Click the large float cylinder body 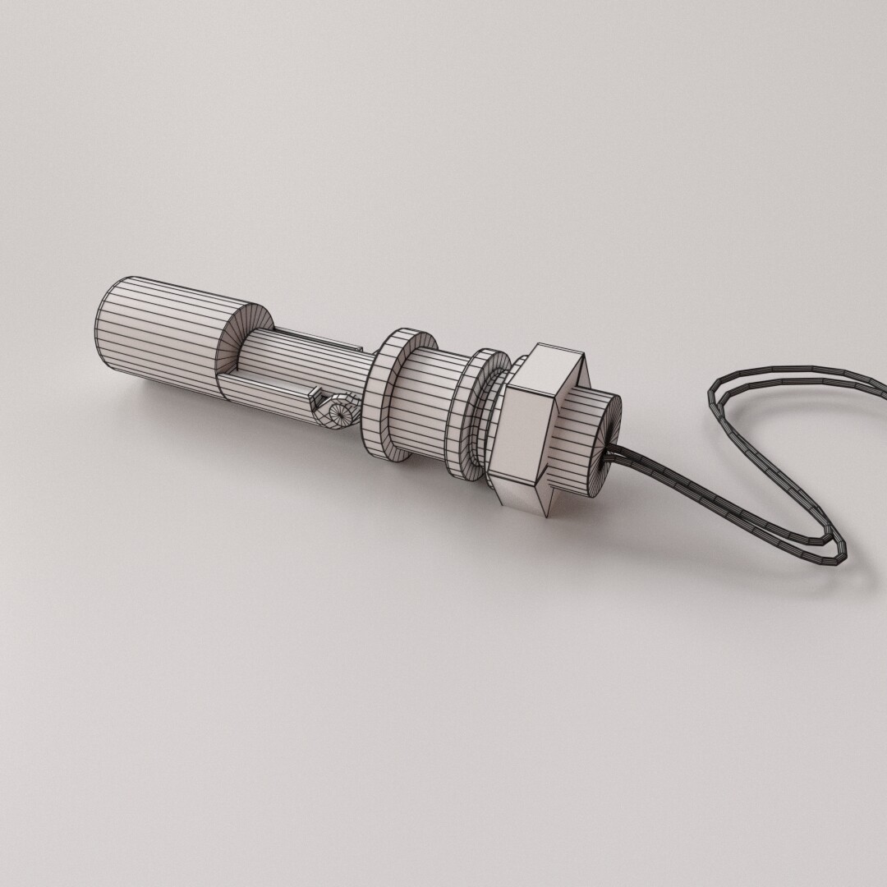coord(156,324)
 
